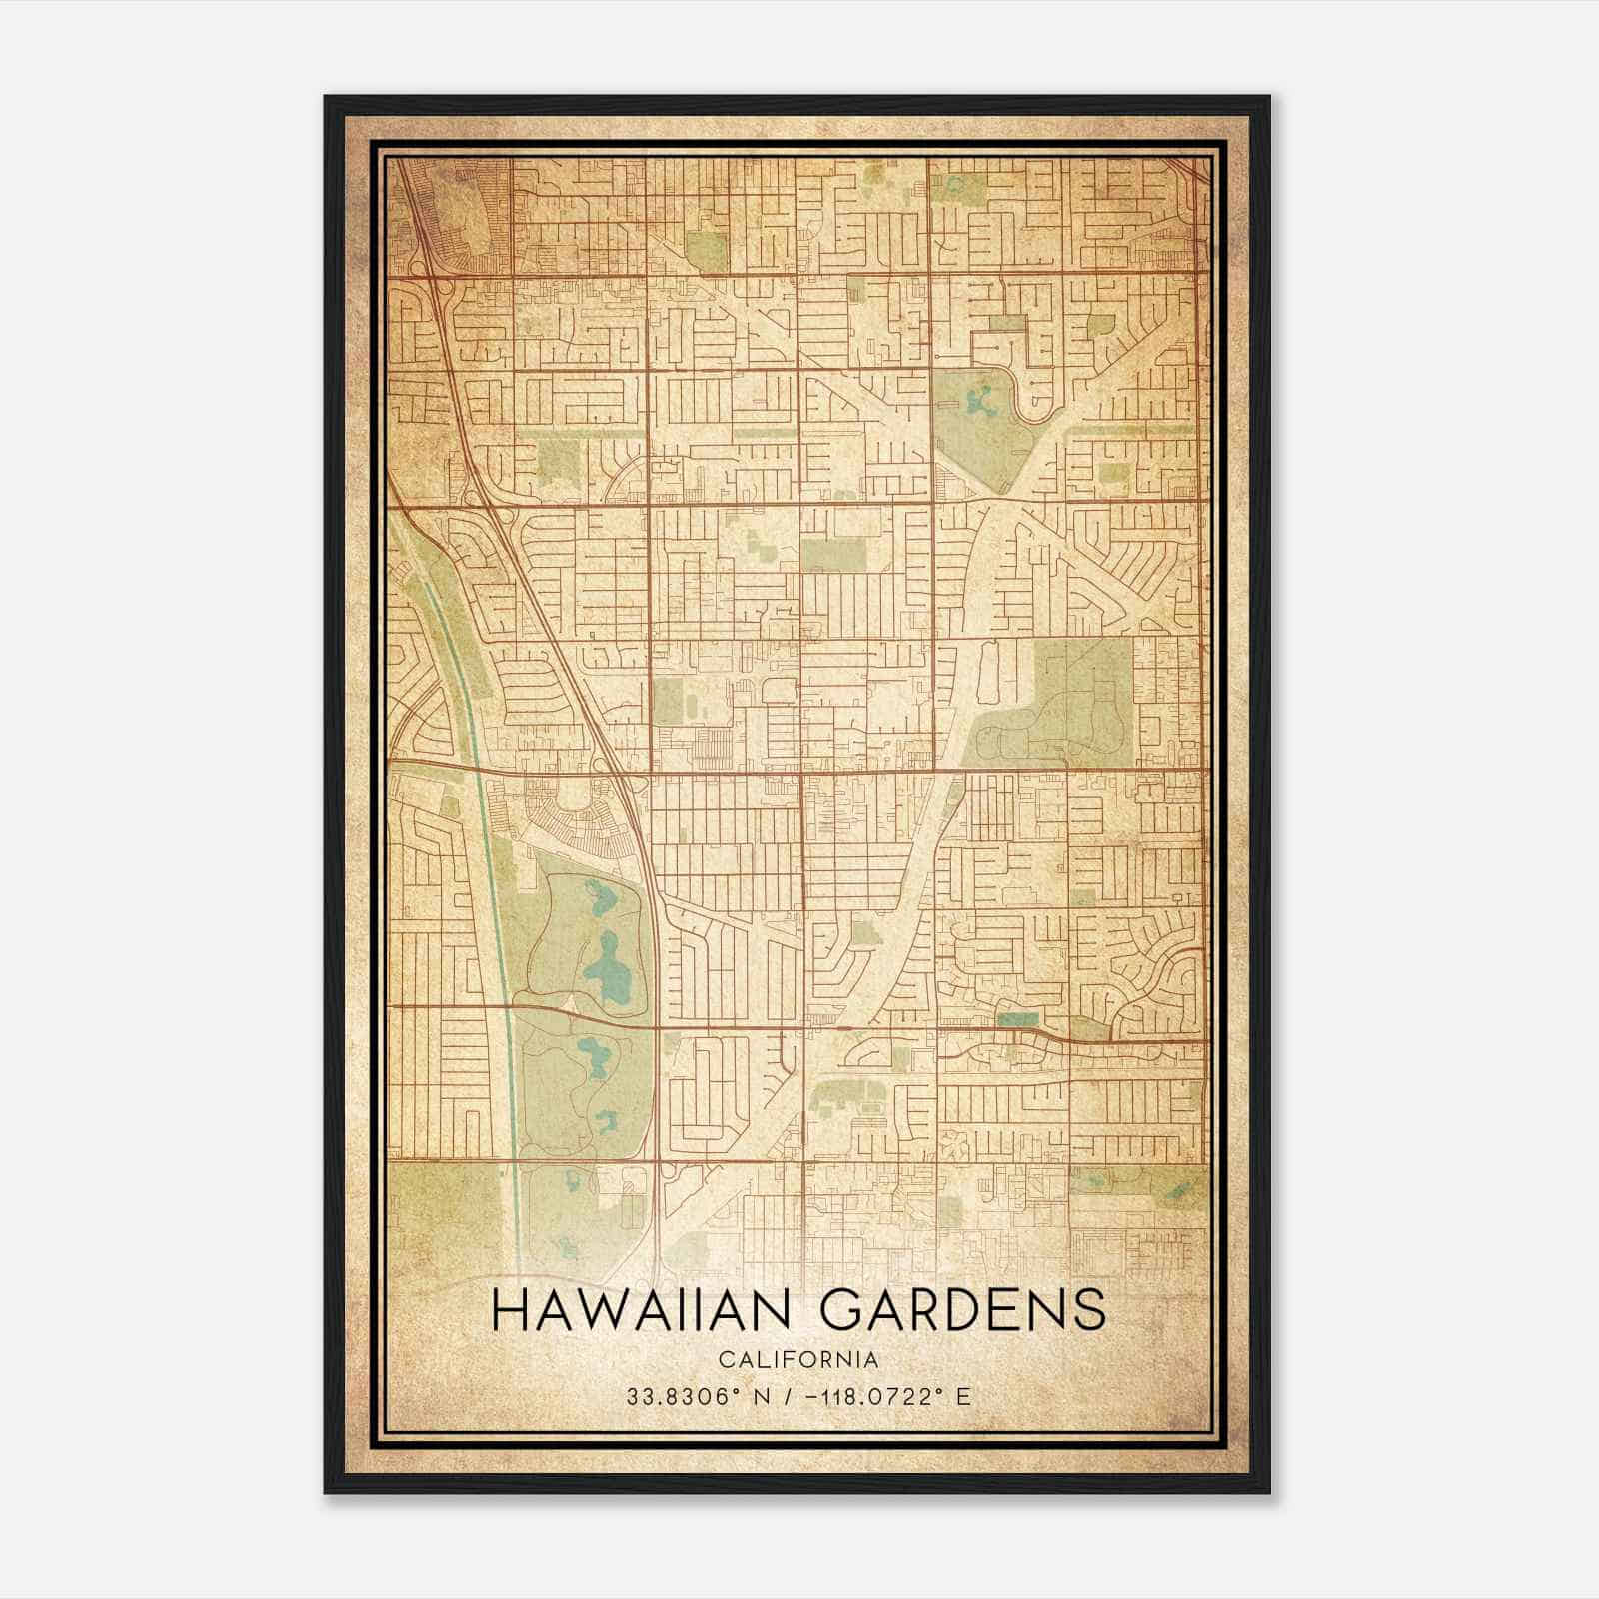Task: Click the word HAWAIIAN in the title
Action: tap(650, 1310)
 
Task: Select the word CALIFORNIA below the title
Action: tap(798, 1359)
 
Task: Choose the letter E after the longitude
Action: tap(963, 1397)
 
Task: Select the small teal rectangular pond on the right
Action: tap(1018, 1020)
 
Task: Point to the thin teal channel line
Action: tap(490, 849)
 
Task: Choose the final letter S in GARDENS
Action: tap(1091, 1310)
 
